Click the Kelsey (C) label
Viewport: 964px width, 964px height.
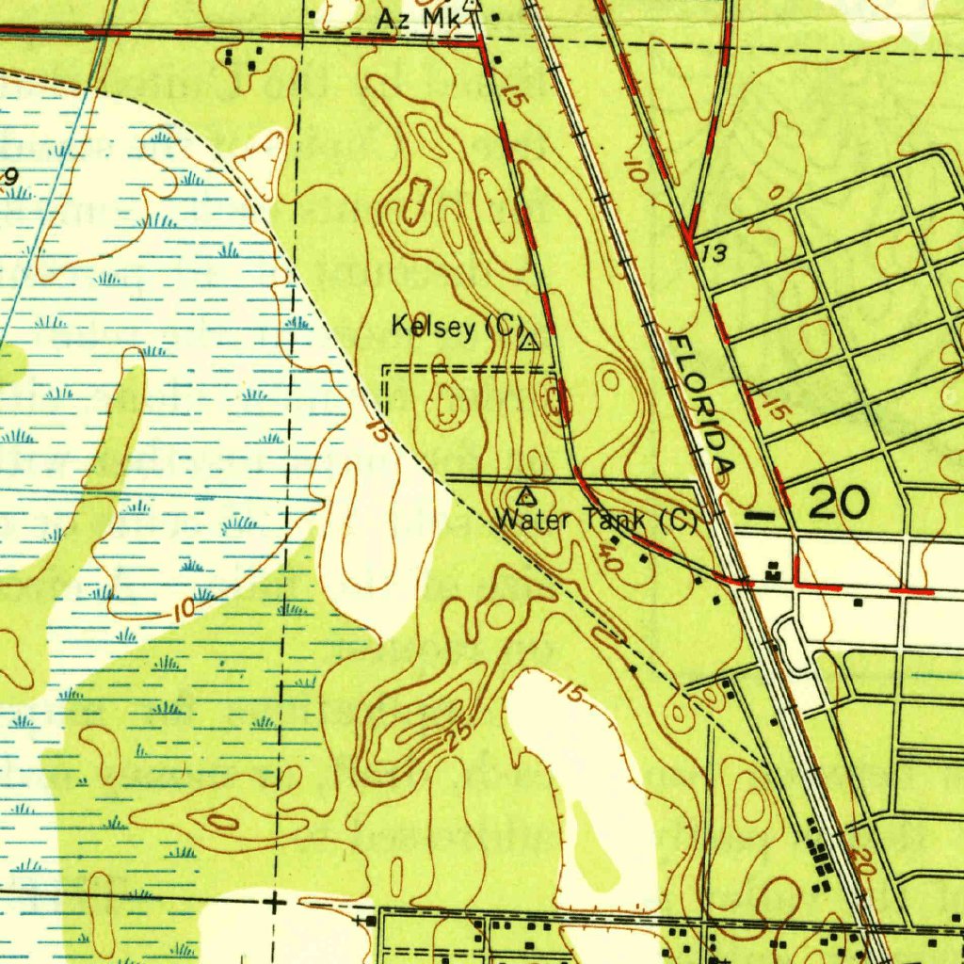point(457,328)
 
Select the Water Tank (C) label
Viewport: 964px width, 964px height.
point(595,520)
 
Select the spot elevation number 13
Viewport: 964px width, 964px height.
point(715,252)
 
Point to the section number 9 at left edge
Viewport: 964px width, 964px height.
point(11,176)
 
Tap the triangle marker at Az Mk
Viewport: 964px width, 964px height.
point(474,6)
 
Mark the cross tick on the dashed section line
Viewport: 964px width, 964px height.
point(274,904)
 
